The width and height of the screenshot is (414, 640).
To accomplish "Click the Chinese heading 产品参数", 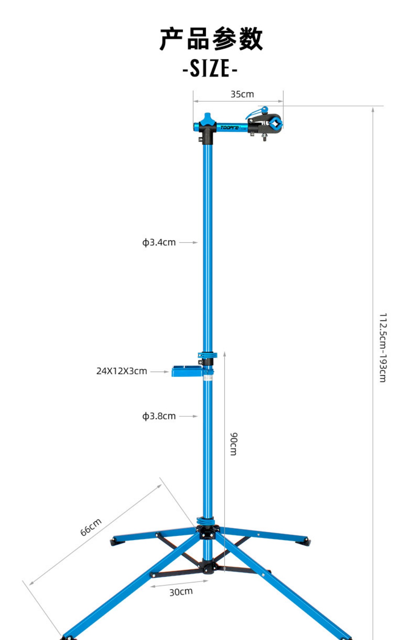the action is click(211, 39).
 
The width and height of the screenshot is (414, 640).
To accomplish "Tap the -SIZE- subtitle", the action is click(210, 68).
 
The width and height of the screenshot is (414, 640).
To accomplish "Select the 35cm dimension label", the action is click(242, 94).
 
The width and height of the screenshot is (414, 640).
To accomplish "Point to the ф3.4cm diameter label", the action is click(159, 242).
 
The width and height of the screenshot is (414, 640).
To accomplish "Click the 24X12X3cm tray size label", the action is click(122, 371).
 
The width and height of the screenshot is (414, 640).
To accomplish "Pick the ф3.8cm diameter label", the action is click(159, 416).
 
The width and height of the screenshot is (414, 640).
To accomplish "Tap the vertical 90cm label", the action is click(234, 444).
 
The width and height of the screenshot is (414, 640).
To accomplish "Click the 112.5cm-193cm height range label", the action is click(383, 347).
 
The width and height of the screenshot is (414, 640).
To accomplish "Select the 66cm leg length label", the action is click(91, 527).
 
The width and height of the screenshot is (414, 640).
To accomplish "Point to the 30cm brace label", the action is click(181, 592).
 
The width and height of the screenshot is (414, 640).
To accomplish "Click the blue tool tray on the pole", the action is click(187, 371).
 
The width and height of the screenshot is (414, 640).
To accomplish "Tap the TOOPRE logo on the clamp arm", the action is click(230, 127).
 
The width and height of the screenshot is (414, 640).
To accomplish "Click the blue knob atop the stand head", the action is click(207, 117).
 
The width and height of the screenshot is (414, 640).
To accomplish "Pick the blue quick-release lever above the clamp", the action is click(257, 112).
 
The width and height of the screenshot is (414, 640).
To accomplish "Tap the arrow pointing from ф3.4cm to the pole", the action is click(188, 242).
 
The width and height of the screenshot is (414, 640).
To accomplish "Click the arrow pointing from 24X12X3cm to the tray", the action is click(160, 371).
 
